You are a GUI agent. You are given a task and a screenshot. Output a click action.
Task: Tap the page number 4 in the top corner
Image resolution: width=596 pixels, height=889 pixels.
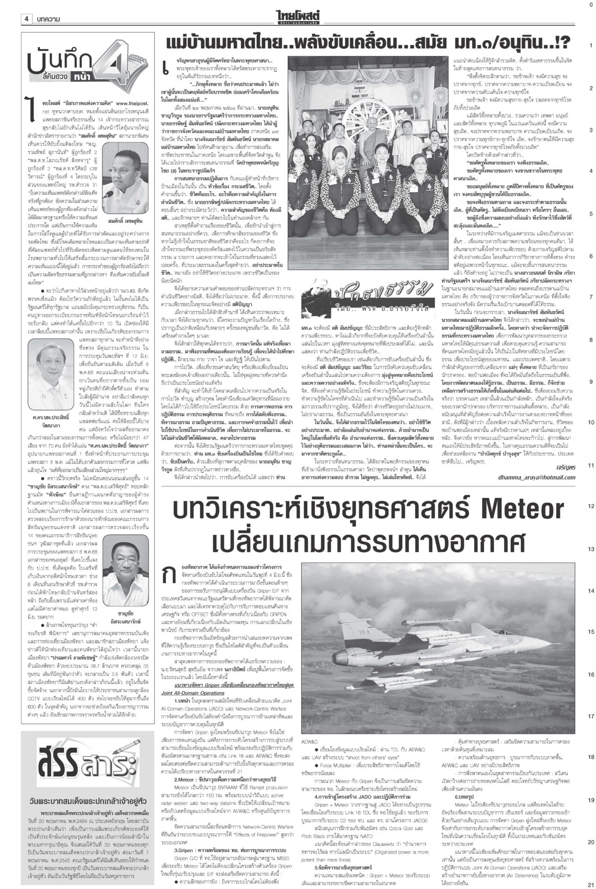[26, 19]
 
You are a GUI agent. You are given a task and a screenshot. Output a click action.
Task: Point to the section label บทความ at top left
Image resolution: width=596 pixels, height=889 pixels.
[48, 19]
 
